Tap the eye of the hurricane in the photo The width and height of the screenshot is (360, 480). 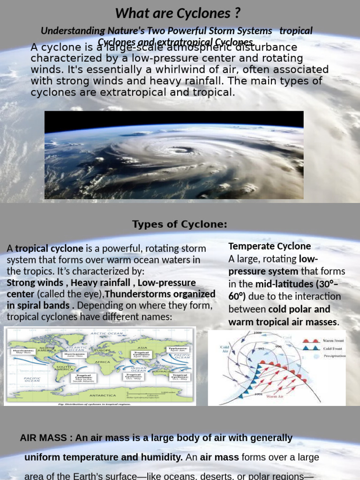tap(180, 150)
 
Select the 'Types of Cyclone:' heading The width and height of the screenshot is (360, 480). tap(180, 225)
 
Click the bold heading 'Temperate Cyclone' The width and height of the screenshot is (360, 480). tap(270, 246)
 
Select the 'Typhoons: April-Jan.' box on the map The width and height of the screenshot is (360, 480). tap(178, 349)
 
